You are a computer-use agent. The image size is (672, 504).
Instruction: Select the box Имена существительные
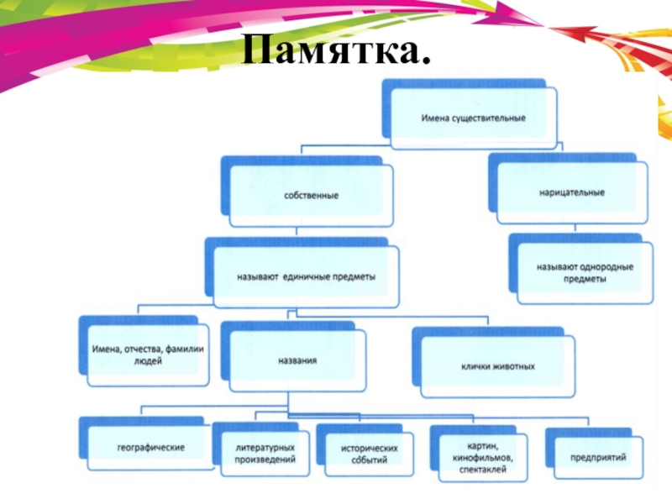(473, 118)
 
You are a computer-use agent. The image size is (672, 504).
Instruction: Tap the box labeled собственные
(310, 196)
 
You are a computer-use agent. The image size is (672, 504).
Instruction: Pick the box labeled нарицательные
(572, 192)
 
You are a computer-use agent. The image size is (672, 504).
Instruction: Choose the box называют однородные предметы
(585, 273)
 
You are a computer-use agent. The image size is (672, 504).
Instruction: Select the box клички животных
(498, 367)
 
